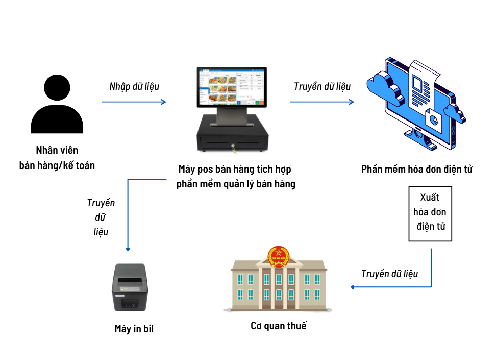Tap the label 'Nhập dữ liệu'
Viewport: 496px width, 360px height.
point(134,86)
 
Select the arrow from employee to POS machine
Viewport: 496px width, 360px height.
point(134,102)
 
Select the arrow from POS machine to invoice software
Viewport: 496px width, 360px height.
point(321,102)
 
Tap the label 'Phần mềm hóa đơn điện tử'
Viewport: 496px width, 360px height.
point(417,169)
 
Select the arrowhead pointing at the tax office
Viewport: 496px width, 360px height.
point(353,287)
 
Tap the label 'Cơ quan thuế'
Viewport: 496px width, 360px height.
point(279,326)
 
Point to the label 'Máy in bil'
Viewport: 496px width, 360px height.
point(134,329)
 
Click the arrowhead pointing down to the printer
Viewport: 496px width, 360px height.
point(128,248)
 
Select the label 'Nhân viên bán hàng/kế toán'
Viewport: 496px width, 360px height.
point(57,158)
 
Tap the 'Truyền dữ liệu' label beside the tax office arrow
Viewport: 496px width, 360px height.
point(389,274)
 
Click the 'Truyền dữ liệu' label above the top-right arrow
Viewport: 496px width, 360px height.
point(322,86)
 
